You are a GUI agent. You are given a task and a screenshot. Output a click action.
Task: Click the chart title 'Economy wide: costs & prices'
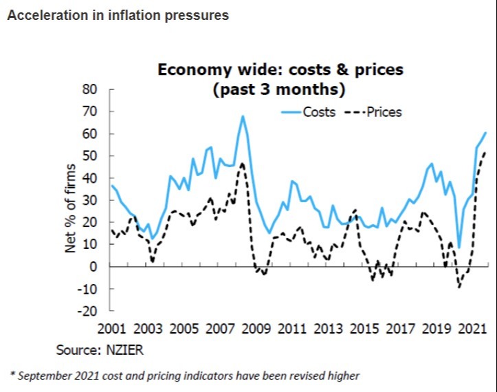coord(280,69)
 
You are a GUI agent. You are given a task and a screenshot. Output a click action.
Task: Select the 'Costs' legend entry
coord(319,112)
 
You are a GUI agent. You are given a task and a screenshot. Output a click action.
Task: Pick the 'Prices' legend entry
coord(384,112)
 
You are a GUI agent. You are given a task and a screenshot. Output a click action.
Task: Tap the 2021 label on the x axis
coord(471,329)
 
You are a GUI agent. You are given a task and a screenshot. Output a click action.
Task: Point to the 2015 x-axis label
coord(364,329)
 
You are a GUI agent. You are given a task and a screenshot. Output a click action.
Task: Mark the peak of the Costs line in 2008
coord(243,116)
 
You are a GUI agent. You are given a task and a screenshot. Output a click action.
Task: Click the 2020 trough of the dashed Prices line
coord(459,286)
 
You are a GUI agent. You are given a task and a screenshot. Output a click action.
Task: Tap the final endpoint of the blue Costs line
coord(485,133)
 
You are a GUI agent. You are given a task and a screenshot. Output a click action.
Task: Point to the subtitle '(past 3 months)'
coord(279,89)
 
